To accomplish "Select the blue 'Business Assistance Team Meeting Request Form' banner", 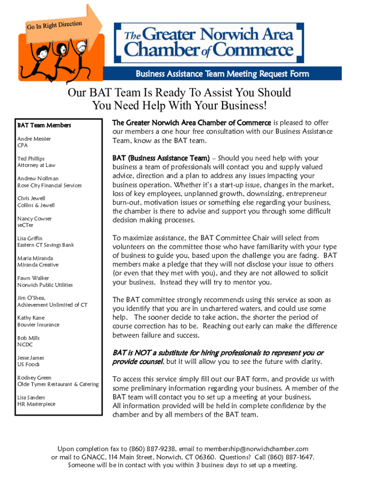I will pos(222,74).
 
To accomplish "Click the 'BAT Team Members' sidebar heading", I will pos(44,126).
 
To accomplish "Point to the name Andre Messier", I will pos(34,139).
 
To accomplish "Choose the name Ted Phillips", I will pos(31,158).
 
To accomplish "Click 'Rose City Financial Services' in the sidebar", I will pos(49,185).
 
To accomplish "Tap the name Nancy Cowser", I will pos(35,219).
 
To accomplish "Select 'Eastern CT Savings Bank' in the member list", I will pos(46,245).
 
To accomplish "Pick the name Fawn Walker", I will pos(33,278).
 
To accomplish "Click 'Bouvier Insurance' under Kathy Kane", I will pos(39,325).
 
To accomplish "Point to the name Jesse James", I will pos(31,358).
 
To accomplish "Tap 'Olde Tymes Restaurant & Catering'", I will pos(58,384).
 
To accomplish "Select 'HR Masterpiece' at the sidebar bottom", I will pos(37,404).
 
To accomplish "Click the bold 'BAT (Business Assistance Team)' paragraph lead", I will pos(161,158).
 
